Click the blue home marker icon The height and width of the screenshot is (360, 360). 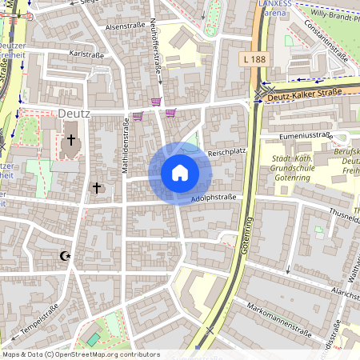tap(179, 173)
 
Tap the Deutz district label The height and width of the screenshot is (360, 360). tap(74, 114)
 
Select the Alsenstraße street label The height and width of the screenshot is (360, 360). tap(124, 26)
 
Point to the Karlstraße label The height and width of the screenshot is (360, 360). tap(87, 54)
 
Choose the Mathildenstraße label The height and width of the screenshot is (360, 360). tap(125, 145)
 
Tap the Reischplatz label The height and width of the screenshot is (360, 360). tap(225, 151)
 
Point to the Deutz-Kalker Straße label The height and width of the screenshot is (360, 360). tap(306, 94)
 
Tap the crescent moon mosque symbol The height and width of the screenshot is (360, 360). tap(66, 256)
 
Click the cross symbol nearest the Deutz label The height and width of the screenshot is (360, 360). tap(71, 141)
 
